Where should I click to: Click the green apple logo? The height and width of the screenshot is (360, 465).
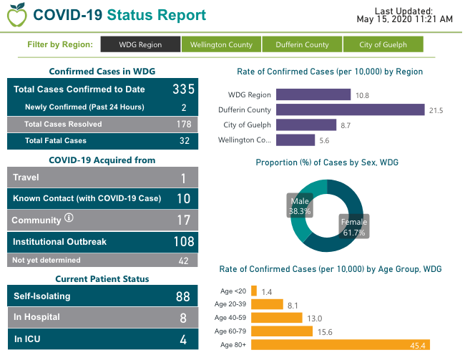point(16,14)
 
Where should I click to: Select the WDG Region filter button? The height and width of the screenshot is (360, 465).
point(140,44)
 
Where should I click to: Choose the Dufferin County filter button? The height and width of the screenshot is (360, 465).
point(303,44)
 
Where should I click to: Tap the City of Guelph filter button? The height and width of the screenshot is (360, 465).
point(383,44)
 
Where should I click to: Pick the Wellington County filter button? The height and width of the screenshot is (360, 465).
point(221,44)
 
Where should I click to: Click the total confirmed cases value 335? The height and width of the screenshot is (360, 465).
point(183,89)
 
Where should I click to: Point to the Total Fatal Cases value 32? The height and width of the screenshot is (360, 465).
point(184,141)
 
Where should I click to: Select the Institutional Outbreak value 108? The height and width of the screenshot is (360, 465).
point(183,242)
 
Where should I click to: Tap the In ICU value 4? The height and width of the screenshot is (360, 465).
point(183,339)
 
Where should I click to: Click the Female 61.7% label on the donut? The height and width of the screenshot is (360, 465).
point(353,227)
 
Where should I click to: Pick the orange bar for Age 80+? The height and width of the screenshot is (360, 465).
point(341,345)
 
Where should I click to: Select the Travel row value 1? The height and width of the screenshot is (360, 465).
point(183,178)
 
